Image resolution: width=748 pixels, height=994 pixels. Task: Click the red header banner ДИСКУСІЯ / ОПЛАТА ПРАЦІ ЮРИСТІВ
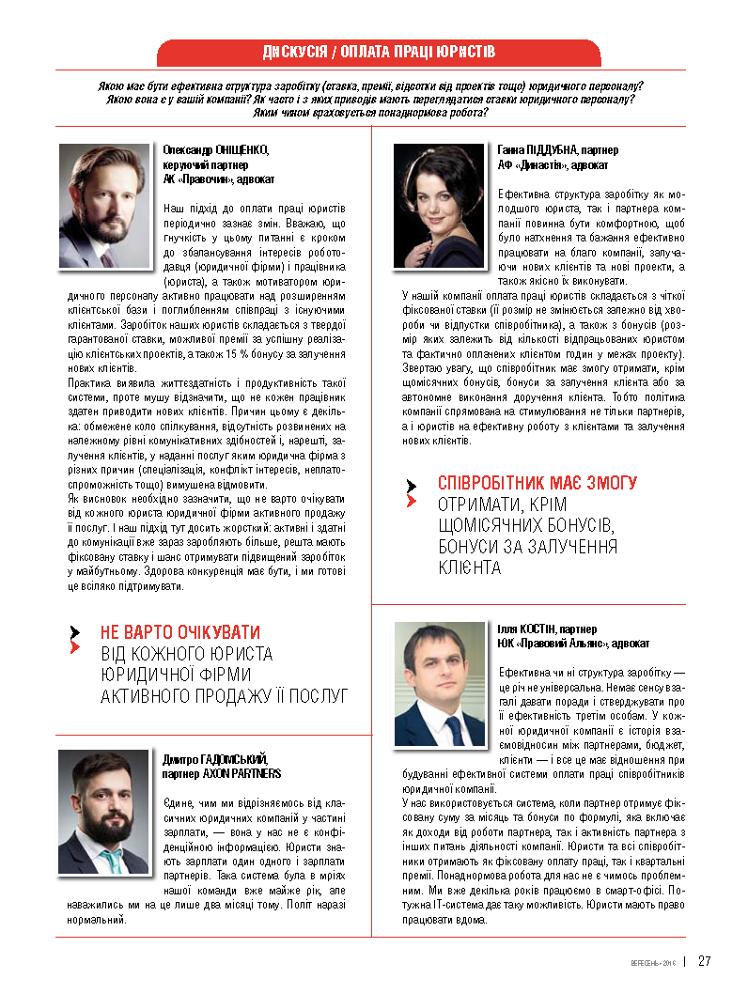(379, 53)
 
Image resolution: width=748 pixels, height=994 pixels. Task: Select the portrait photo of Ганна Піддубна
(439, 206)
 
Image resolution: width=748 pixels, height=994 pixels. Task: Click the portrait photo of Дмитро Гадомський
(104, 812)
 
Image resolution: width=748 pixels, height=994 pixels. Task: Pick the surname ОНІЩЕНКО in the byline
(242, 149)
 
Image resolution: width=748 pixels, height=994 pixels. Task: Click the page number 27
(704, 960)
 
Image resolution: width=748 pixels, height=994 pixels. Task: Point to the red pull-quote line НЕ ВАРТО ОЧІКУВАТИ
(180, 632)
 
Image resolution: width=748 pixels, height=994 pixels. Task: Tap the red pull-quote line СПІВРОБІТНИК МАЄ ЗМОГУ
(538, 483)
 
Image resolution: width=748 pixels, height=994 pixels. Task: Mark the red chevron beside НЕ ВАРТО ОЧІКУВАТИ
(75, 647)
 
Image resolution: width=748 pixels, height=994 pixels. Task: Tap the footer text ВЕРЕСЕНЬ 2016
(652, 961)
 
